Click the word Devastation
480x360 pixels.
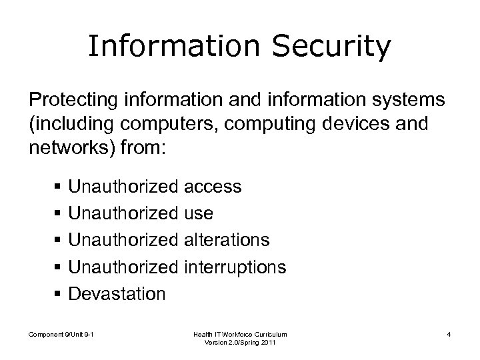click(x=117, y=294)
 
